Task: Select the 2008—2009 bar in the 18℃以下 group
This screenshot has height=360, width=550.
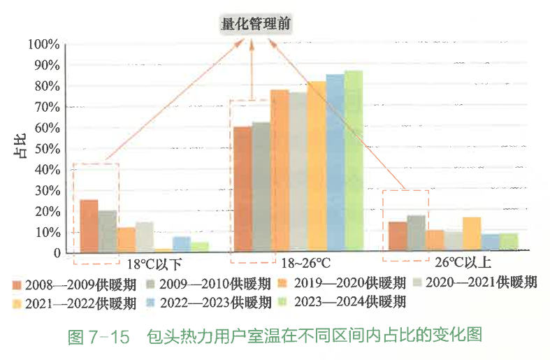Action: click(x=89, y=226)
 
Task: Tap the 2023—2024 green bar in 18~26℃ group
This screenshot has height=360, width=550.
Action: click(x=353, y=161)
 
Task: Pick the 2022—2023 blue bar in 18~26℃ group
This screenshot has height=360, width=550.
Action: click(x=335, y=162)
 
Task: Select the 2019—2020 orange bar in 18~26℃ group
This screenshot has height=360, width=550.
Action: click(x=280, y=171)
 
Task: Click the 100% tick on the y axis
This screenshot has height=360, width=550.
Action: click(x=43, y=45)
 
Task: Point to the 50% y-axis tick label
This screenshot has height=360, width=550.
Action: click(x=45, y=149)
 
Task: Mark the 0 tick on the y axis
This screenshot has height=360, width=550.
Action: click(x=56, y=253)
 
